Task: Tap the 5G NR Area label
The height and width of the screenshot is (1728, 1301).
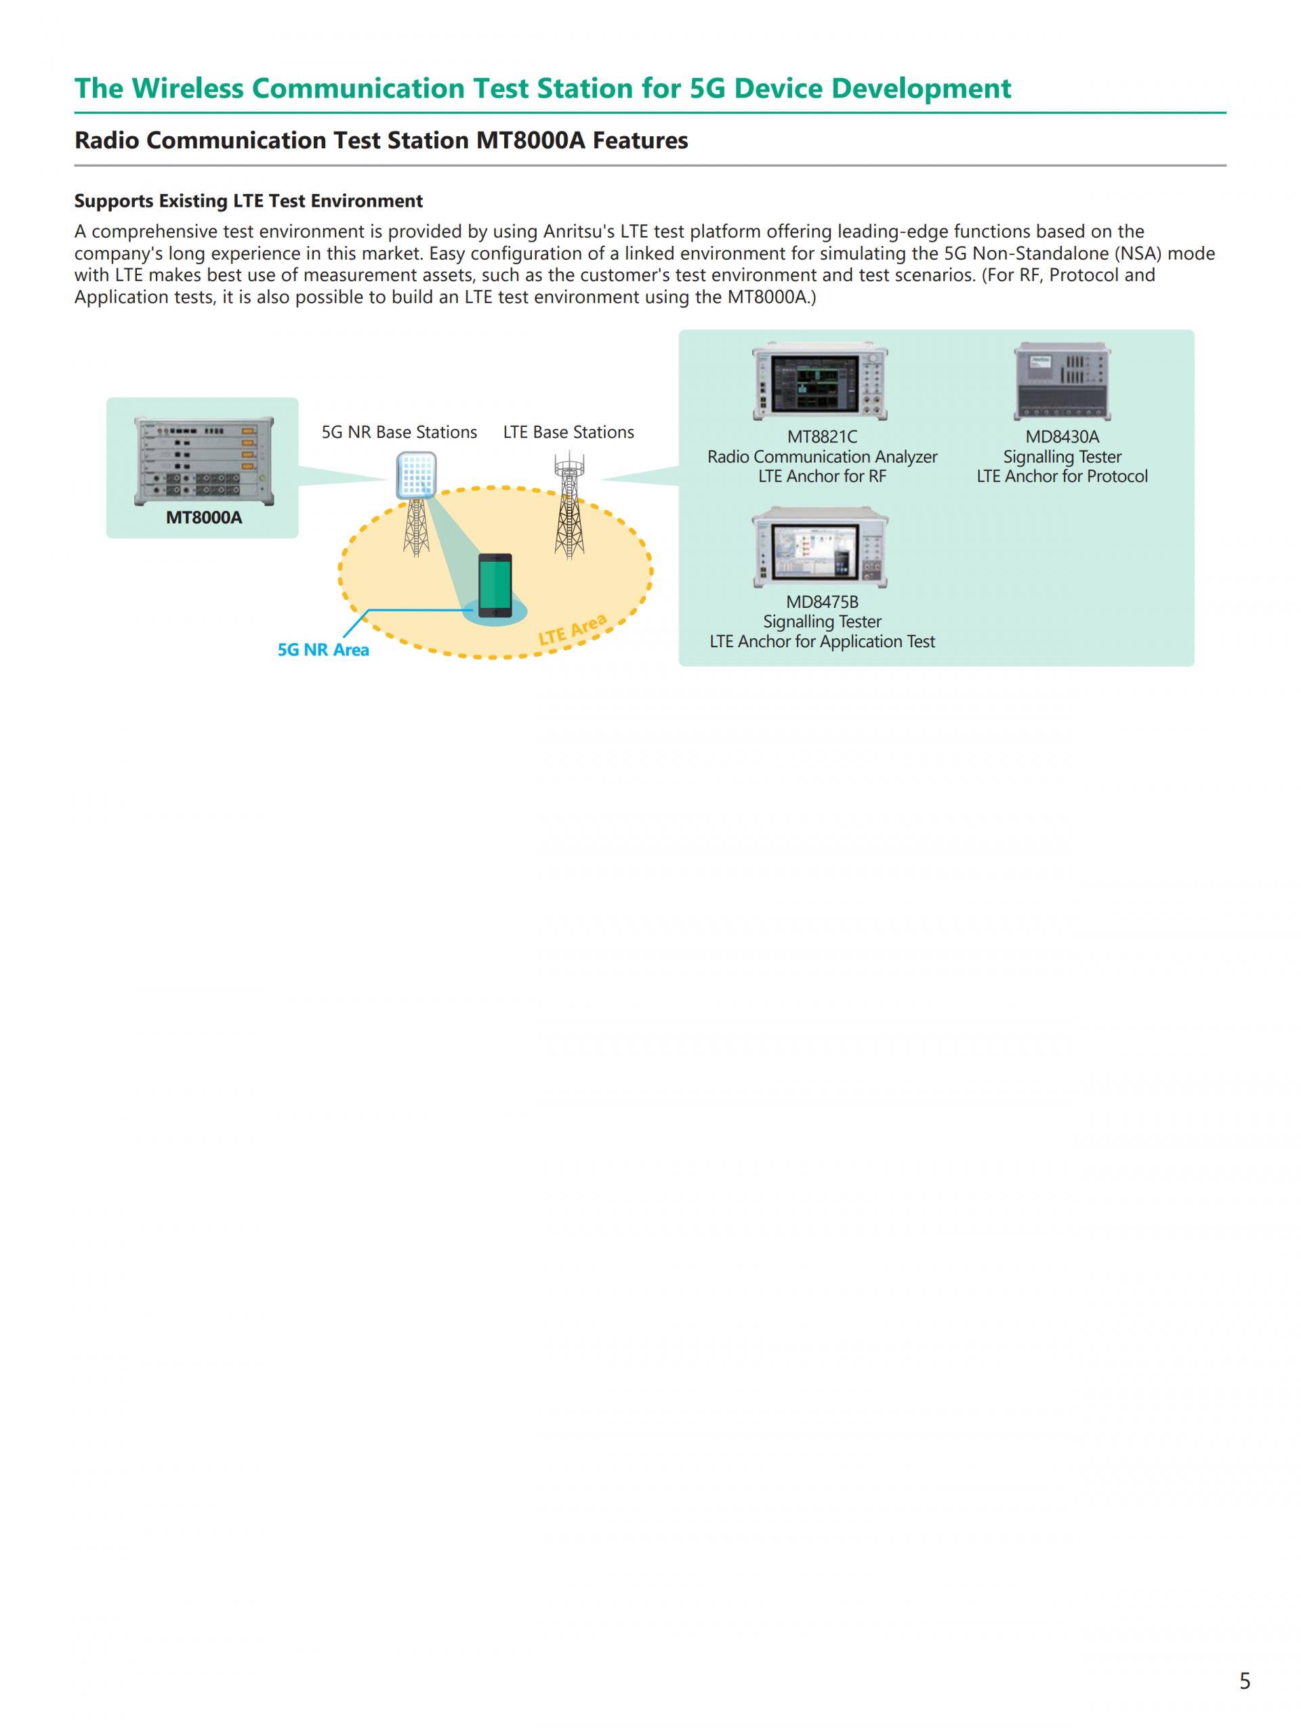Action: pyautogui.click(x=323, y=650)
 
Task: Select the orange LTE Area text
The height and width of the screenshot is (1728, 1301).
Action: pyautogui.click(x=573, y=630)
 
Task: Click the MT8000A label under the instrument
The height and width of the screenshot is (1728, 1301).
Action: pyautogui.click(x=204, y=517)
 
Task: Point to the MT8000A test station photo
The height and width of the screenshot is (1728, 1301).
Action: pyautogui.click(x=204, y=461)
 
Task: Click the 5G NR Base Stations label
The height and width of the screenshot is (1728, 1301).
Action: pyautogui.click(x=399, y=432)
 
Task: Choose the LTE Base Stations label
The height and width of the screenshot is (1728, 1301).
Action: pyautogui.click(x=569, y=432)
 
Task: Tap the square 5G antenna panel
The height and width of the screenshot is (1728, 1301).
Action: pyautogui.click(x=415, y=475)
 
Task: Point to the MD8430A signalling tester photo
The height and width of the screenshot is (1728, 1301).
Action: pyautogui.click(x=1062, y=382)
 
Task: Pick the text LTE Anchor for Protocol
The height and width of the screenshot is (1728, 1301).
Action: pyautogui.click(x=1062, y=476)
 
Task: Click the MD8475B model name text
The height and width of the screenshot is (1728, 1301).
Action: pyautogui.click(x=821, y=602)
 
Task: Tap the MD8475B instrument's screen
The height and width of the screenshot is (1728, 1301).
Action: pyautogui.click(x=814, y=550)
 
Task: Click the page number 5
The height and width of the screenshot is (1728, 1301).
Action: pyautogui.click(x=1245, y=1681)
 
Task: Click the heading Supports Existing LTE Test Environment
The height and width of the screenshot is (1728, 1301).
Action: pyautogui.click(x=248, y=201)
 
